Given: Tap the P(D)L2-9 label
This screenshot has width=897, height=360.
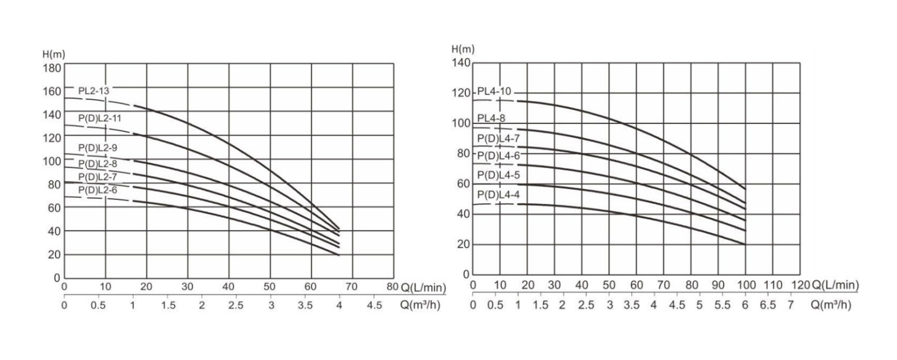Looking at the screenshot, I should tap(97, 148).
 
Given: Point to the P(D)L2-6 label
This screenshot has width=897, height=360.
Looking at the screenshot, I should tap(97, 190).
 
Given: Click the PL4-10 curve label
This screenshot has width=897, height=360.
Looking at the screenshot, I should tap(494, 91).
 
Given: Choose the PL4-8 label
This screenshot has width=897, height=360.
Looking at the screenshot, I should tap(491, 118).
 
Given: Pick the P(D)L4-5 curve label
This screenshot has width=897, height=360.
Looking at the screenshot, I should tap(498, 175).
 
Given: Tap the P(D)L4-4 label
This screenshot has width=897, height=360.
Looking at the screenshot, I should tap(498, 194).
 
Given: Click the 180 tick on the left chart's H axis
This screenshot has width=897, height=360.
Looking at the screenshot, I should tap(51, 68).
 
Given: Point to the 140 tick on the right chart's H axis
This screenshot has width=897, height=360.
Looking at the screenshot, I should tap(461, 63).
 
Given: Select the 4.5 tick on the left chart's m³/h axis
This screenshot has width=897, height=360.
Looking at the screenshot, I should tap(375, 306).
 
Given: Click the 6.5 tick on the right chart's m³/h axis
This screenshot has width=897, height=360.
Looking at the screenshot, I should tap(767, 305).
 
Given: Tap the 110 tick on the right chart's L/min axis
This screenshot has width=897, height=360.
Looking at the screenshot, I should tap(773, 285).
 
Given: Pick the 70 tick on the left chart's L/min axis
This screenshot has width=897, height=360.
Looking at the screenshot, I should tap(352, 286).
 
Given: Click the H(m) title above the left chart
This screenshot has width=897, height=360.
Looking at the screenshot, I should tap(54, 54).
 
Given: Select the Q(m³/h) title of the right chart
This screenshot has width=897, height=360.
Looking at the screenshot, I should tap(831, 305).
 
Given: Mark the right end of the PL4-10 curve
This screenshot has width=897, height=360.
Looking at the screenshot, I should tap(745, 189).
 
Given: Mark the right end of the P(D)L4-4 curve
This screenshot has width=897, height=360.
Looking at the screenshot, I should tap(745, 244).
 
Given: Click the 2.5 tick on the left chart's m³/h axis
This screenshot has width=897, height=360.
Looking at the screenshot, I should tap(236, 306).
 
